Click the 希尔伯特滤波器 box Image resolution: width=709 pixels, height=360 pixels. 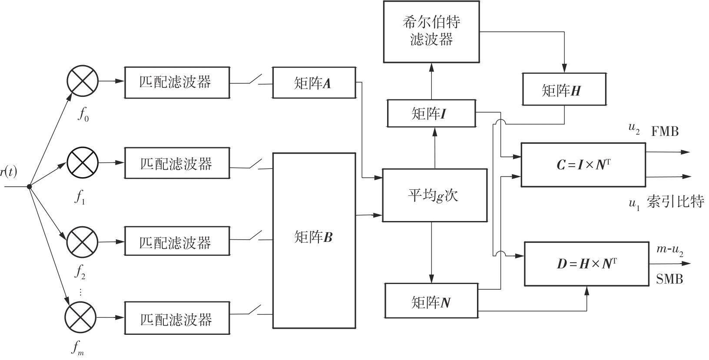pos(431,31)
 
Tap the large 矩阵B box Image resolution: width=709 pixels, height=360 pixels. pos(314,240)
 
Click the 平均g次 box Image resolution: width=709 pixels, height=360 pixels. pos(434,195)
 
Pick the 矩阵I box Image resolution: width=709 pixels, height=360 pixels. pos(431,113)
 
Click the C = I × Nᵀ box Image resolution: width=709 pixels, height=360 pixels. pos(583,165)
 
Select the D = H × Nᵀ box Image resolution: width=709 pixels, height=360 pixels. pos(586,264)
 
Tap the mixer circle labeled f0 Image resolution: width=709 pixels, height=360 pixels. pos(83,82)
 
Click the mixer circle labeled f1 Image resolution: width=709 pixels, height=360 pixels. pos(83,163)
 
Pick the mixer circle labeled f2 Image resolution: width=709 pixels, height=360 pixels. pos(83,241)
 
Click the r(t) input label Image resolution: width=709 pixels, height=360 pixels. pos(9,172)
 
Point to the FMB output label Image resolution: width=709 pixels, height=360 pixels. pos(665,131)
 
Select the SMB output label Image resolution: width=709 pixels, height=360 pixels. pos(669,279)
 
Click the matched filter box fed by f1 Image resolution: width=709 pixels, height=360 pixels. pos(177,163)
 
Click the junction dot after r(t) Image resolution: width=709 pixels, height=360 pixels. pos(29,187)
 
